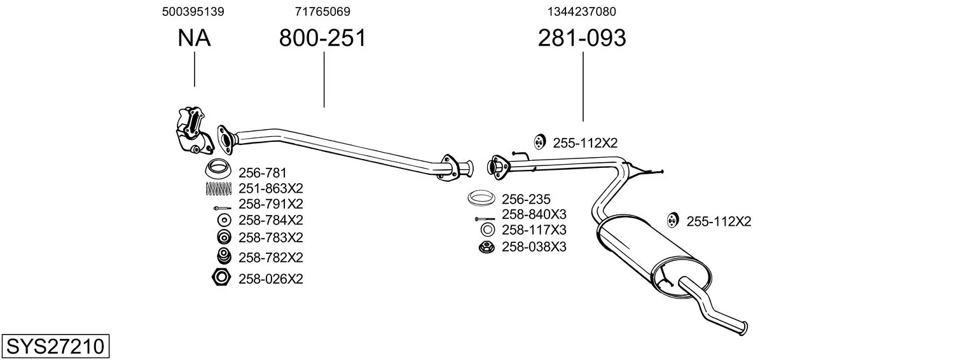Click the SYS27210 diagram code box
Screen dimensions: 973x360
55,346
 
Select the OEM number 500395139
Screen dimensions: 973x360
193,11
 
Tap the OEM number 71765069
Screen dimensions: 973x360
322,11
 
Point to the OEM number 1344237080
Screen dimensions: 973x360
582,11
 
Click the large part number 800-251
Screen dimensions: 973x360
322,38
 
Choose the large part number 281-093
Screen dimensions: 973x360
582,38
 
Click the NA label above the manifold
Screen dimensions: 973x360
194,38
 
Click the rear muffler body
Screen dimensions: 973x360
654,256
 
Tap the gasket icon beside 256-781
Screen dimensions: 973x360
217,169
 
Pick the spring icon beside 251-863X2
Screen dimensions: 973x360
219,188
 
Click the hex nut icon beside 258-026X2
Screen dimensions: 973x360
221,277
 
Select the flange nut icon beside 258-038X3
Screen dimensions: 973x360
486,247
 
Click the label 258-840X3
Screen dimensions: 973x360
534,214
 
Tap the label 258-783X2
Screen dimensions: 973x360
271,237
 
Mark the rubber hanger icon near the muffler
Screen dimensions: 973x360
673,221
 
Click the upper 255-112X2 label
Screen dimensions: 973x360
585,143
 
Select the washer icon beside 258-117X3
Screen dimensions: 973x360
487,230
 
